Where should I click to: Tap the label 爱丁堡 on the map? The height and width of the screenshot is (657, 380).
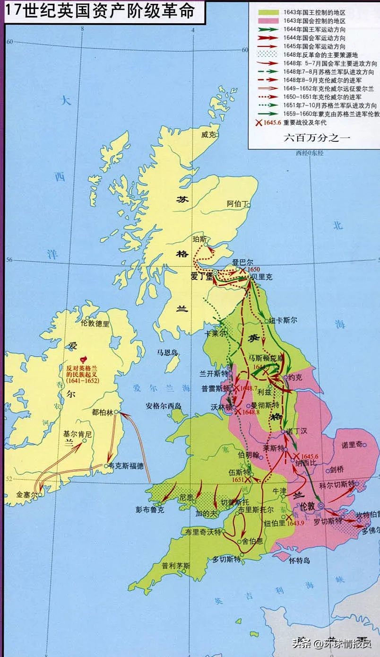(x=201, y=277)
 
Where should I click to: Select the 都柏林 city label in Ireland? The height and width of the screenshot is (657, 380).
(x=103, y=412)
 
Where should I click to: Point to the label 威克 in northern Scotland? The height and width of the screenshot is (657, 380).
(x=208, y=135)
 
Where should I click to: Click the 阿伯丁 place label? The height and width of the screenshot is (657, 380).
(x=237, y=204)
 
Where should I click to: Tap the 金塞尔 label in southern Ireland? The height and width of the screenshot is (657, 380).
(x=26, y=494)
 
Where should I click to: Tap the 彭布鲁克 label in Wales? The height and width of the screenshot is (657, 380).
(x=149, y=510)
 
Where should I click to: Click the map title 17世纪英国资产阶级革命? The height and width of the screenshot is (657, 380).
(x=100, y=11)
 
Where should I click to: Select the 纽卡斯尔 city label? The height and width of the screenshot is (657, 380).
(x=283, y=320)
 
